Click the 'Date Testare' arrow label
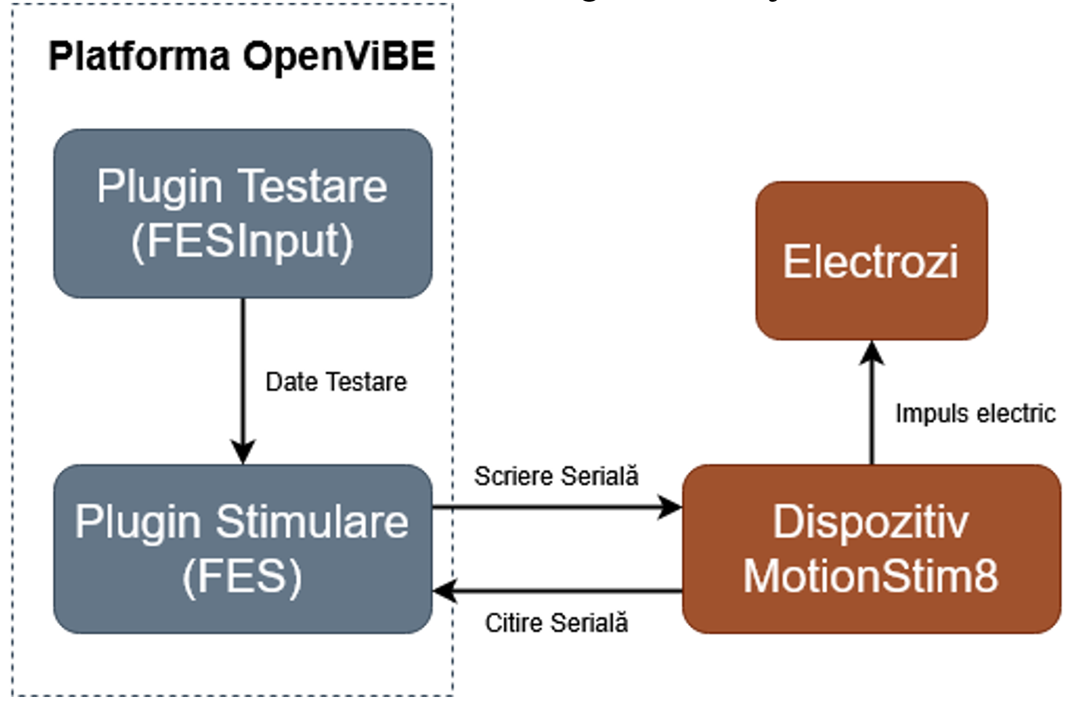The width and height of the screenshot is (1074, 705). coord(336,382)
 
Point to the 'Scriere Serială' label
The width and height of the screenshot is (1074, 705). coord(556,476)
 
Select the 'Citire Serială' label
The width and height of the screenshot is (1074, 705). coord(556,623)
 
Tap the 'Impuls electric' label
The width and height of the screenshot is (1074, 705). coord(975,413)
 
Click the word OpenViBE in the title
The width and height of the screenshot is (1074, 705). coord(339,56)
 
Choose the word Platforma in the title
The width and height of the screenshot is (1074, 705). coord(139,56)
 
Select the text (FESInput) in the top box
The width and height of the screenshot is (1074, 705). coord(242,241)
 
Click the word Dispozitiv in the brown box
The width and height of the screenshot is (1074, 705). coord(871,522)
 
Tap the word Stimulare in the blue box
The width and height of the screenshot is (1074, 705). coord(312,522)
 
